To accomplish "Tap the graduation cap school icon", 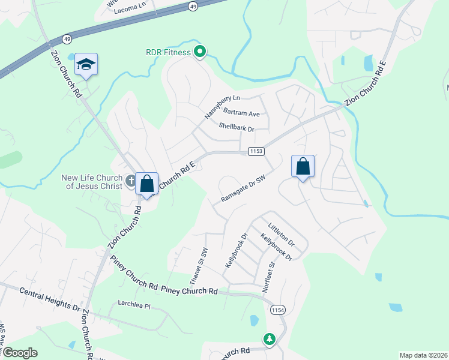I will click(86, 64).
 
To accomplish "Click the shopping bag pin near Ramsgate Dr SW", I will click(303, 166).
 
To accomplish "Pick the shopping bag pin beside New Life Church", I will click(147, 184).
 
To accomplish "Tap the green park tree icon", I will click(270, 340).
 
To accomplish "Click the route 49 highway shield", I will click(193, 6).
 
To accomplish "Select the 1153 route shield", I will click(256, 152).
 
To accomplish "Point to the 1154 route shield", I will click(277, 309).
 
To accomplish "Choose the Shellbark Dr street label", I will click(237, 128).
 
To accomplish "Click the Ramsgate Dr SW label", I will click(243, 188).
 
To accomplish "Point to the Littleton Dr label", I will click(282, 235).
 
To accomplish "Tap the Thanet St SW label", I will click(198, 265).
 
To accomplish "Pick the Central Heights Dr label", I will click(50, 298).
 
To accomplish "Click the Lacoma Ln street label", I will click(133, 5).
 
